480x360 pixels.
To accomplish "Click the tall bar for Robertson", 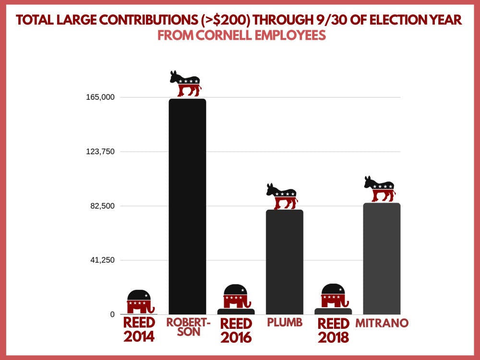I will coord(187,206).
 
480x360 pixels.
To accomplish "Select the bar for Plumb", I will coord(285,262).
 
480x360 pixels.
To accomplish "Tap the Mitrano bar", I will coord(382,258).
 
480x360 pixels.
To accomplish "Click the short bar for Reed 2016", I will coord(236,312).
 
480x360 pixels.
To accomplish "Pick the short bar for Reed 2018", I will coord(333,312).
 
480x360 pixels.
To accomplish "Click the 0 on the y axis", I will coord(112,314).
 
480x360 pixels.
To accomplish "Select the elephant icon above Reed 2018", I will coord(333,296).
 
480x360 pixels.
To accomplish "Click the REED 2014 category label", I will coord(139,329).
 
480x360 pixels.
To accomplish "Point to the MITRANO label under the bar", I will coord(382,323).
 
